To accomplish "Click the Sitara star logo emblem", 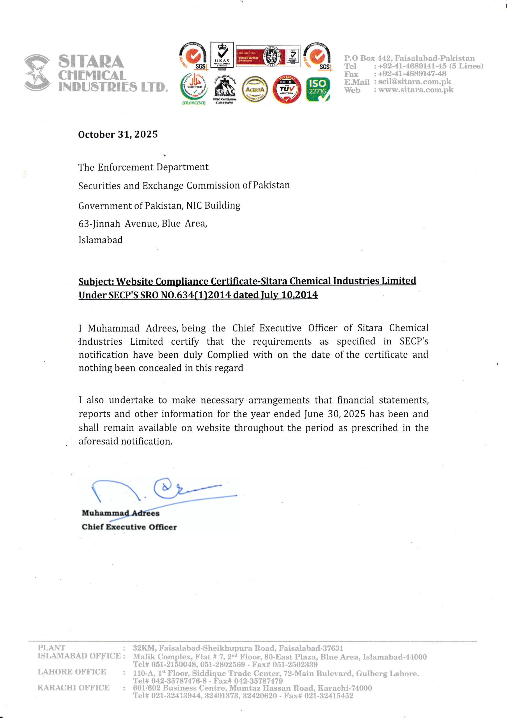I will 37,73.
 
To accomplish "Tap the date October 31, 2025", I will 118,134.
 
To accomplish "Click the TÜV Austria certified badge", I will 287,89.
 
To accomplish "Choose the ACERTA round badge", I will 255,90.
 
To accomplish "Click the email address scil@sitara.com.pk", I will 415,82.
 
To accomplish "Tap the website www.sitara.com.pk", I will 416,90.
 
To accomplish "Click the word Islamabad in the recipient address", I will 100,240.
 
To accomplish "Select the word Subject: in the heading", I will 96,281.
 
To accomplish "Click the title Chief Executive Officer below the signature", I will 129,527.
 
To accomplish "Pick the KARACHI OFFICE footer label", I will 73,688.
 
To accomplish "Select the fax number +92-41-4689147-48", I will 412,74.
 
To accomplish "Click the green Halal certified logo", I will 194,88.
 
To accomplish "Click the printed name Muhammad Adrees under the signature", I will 120,513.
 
